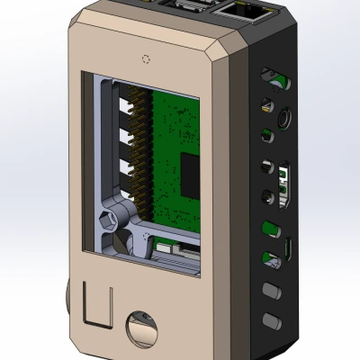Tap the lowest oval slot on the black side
[x=269, y=319]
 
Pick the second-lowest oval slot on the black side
[x=269, y=290]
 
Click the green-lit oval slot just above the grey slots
[x=268, y=260]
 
